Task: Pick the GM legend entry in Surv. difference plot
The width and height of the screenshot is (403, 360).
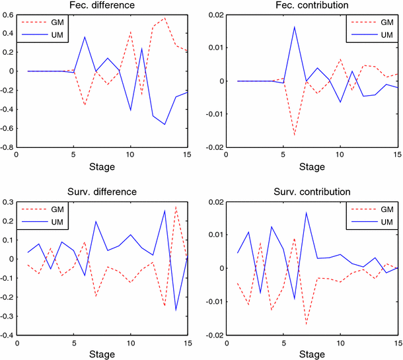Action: pos(47,208)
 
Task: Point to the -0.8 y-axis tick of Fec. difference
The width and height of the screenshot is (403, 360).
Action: pos(11,148)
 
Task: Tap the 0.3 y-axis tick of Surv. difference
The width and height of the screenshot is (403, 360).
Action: pos(13,201)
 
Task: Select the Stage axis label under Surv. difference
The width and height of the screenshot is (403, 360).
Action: pos(102,354)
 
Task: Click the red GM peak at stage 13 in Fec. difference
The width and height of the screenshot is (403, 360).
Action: pos(165,18)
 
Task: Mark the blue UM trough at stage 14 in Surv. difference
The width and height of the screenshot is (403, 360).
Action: pos(176,310)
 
